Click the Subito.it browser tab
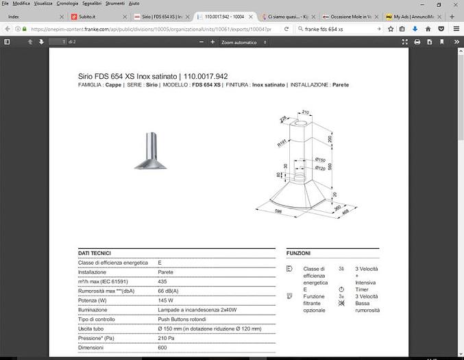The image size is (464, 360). (x=86, y=16)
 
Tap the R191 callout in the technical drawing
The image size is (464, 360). (x=281, y=144)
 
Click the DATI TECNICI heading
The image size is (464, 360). (x=95, y=253)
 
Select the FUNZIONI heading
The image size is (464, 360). (x=299, y=253)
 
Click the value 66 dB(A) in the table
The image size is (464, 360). (x=169, y=291)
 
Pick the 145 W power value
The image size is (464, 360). (x=165, y=300)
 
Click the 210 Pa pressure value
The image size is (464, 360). (x=166, y=338)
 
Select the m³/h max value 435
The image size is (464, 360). (x=162, y=281)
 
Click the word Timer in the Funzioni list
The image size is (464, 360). (x=363, y=289)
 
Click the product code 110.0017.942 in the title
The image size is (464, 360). (x=206, y=76)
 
